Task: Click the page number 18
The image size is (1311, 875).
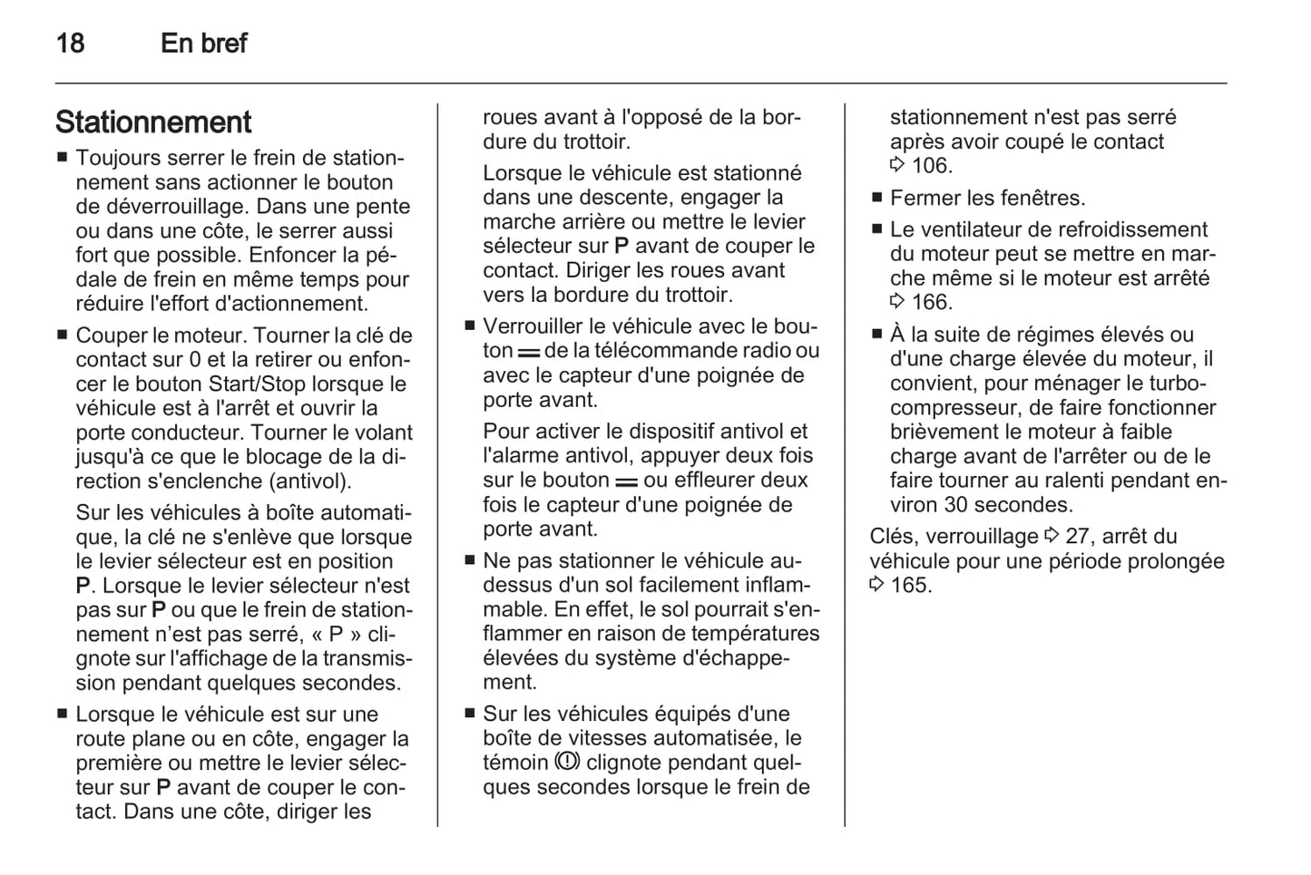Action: click(x=70, y=43)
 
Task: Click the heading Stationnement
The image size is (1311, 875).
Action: click(x=153, y=122)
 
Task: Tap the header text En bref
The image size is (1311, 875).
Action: click(x=203, y=43)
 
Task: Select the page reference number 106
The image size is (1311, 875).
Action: click(x=931, y=166)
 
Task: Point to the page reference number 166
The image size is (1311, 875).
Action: click(x=931, y=303)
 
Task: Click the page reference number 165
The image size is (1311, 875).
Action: click(x=911, y=585)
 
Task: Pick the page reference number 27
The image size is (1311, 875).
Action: click(x=1077, y=537)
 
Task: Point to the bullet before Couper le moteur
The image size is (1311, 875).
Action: click(x=62, y=335)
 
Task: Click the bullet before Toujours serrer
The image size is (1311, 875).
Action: click(x=62, y=157)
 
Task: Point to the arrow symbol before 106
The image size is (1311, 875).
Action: click(x=897, y=166)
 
